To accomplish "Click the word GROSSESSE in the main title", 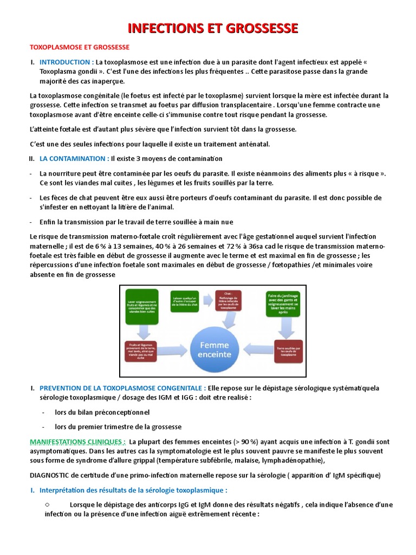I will tap(259, 29).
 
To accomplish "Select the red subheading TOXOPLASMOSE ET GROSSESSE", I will tap(79, 48).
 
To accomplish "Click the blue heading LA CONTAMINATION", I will tap(74, 158).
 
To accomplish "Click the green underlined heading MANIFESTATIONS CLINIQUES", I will tap(78, 441).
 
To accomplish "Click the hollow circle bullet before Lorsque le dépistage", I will tap(48, 504).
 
